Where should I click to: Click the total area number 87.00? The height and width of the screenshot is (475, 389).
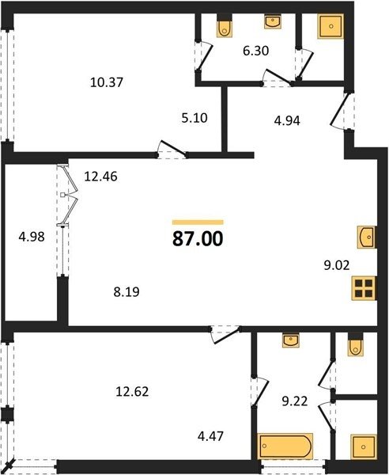(x=198, y=239)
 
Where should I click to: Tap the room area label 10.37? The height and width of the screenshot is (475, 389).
(x=107, y=82)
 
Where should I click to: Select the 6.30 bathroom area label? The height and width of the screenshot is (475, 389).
(x=256, y=51)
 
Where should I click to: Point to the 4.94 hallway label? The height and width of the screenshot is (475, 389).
(x=287, y=120)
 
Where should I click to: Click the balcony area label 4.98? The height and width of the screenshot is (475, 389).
(x=32, y=237)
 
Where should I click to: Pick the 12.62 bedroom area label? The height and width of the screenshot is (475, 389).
(x=132, y=392)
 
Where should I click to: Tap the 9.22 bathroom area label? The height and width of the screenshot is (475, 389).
(x=295, y=401)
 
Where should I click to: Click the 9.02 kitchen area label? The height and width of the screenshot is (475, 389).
(x=337, y=265)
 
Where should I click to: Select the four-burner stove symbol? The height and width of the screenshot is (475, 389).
(x=364, y=288)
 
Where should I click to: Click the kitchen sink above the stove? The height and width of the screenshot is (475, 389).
(x=367, y=237)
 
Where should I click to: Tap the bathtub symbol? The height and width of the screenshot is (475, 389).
(x=285, y=446)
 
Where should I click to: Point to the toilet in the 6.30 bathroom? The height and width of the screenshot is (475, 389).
(x=225, y=26)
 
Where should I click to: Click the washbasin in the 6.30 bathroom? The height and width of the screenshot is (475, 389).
(x=273, y=21)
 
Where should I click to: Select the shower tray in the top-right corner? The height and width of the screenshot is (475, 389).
(x=330, y=26)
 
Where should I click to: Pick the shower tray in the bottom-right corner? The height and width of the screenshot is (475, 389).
(x=364, y=446)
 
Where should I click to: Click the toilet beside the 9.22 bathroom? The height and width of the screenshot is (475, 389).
(x=356, y=345)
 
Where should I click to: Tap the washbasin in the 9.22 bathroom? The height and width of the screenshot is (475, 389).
(x=291, y=340)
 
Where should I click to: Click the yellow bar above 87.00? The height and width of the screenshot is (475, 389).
(x=198, y=222)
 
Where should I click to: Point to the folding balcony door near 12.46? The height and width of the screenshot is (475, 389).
(x=67, y=196)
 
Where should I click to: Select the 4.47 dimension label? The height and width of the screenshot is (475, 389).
(x=210, y=436)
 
